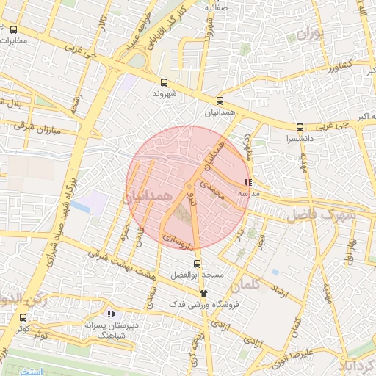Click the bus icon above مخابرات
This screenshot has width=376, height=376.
click(14, 29)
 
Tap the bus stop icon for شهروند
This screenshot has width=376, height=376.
click(163, 83)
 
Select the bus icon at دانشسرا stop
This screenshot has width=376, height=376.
click(299, 126)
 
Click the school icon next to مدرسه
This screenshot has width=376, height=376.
click(249, 181)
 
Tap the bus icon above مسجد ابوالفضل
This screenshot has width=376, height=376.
click(196, 263)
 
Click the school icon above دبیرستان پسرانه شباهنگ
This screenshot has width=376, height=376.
click(111, 314)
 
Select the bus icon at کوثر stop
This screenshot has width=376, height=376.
click(23, 318)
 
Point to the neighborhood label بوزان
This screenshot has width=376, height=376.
click(311, 33)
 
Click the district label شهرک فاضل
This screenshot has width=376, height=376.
click(322, 214)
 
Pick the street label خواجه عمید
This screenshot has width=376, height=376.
click(141, 33)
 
